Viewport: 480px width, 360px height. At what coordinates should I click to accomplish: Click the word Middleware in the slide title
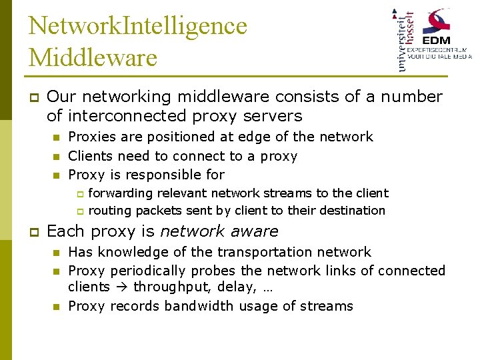(93, 57)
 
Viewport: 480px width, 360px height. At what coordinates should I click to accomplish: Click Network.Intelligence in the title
(137, 26)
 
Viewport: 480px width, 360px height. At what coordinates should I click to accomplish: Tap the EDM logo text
(444, 39)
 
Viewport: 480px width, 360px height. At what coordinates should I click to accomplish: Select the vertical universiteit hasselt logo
(405, 39)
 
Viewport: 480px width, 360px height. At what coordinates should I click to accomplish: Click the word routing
(108, 211)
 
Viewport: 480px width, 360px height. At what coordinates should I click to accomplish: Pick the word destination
(352, 211)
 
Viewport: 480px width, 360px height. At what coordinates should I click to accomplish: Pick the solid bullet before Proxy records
(57, 307)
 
